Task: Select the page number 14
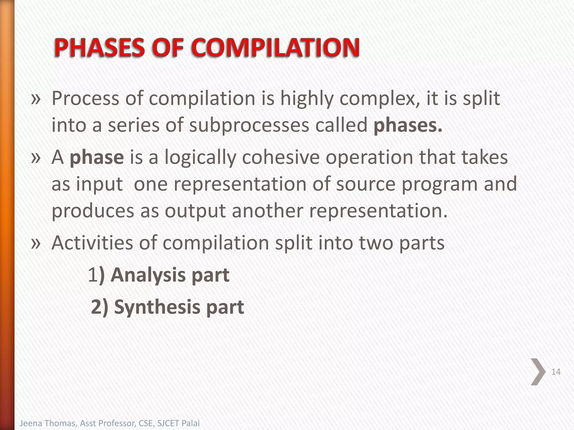pyautogui.click(x=556, y=372)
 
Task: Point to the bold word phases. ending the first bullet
pyautogui.click(x=408, y=125)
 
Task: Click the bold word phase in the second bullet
pyautogui.click(x=97, y=157)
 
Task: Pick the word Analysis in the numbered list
pyautogui.click(x=148, y=275)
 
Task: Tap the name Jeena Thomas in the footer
pyautogui.click(x=47, y=423)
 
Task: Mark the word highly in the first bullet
pyautogui.click(x=307, y=99)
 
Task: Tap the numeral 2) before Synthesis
pyautogui.click(x=99, y=307)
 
